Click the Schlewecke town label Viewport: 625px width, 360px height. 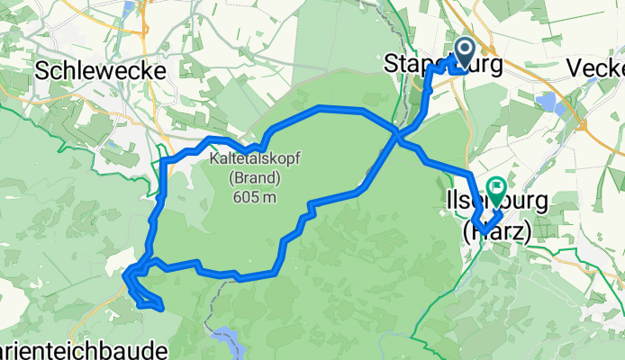pyautogui.click(x=99, y=70)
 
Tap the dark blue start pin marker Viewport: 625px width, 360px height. pyautogui.click(x=466, y=52)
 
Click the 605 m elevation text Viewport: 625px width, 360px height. pyautogui.click(x=255, y=198)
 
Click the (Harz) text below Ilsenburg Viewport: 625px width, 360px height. pyautogui.click(x=496, y=231)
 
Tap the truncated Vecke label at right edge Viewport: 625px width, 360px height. pyautogui.click(x=597, y=69)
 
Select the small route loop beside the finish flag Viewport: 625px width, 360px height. pyautogui.click(x=487, y=221)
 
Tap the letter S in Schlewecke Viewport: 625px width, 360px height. pyautogui.click(x=42, y=70)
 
